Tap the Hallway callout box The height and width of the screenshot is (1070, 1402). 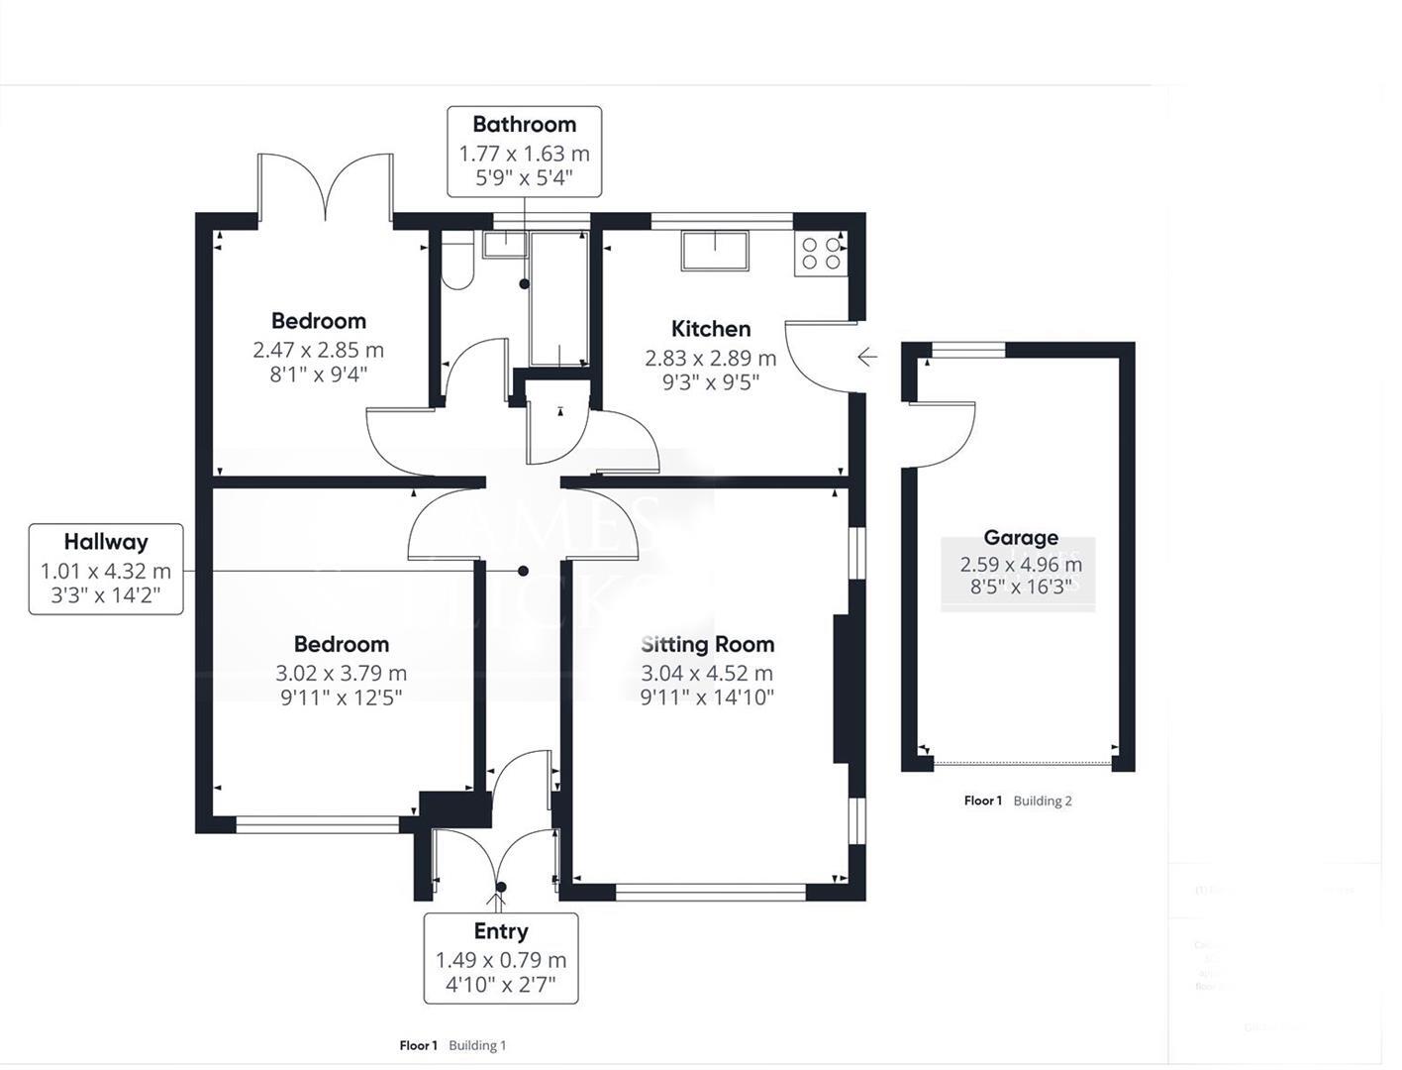click(106, 569)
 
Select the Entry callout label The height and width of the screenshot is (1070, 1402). click(501, 957)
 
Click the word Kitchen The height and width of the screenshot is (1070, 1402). click(711, 329)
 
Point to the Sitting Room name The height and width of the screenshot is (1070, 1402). click(707, 644)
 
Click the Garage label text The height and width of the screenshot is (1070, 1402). click(1021, 538)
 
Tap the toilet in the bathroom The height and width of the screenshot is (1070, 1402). click(457, 265)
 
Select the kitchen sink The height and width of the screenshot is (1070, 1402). click(714, 251)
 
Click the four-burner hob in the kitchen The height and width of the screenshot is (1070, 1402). click(821, 254)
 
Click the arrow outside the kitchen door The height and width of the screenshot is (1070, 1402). click(867, 357)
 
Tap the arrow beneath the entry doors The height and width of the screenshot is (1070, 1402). click(498, 901)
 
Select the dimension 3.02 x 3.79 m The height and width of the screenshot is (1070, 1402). click(342, 673)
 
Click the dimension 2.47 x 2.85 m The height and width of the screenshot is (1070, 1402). click(318, 350)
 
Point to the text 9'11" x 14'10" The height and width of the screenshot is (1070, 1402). click(707, 697)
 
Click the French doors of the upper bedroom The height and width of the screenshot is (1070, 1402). click(326, 187)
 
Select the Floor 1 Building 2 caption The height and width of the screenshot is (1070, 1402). click(1018, 801)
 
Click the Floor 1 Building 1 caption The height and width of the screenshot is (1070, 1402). click(452, 1045)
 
